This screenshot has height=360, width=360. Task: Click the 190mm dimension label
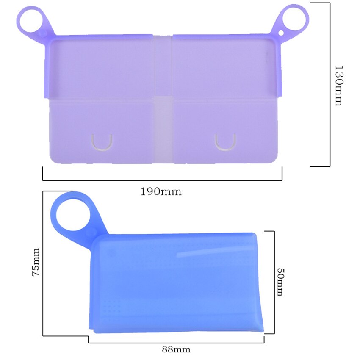[x=161, y=191]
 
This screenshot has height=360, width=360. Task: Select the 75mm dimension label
[x=36, y=262]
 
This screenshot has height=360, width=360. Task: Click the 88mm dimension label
[x=176, y=349]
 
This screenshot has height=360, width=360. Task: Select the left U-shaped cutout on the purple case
[x=102, y=142]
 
